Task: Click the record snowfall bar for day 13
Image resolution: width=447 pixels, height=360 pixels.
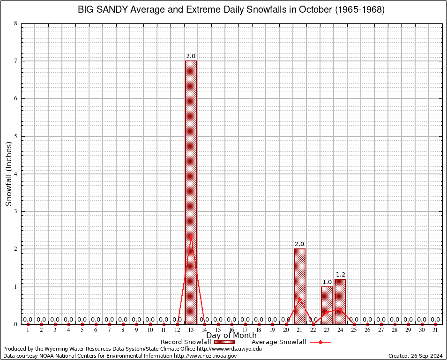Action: (191, 192)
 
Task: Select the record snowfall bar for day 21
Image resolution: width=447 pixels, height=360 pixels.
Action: (299, 286)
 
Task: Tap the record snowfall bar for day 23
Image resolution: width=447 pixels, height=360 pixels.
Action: (327, 305)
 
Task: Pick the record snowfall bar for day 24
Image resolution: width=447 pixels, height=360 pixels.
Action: (340, 301)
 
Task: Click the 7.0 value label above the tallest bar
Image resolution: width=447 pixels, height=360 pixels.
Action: (191, 56)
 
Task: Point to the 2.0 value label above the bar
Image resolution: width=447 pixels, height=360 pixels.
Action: (299, 244)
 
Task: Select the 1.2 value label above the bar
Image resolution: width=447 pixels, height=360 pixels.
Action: (340, 274)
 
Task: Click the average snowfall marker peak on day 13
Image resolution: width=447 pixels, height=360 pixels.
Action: (191, 236)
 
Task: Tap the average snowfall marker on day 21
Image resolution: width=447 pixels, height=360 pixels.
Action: (299, 299)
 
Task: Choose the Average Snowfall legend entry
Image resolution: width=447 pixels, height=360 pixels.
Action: (291, 342)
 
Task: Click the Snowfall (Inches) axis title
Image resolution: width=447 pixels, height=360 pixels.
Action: (9, 173)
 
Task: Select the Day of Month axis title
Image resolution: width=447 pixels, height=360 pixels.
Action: (231, 336)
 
